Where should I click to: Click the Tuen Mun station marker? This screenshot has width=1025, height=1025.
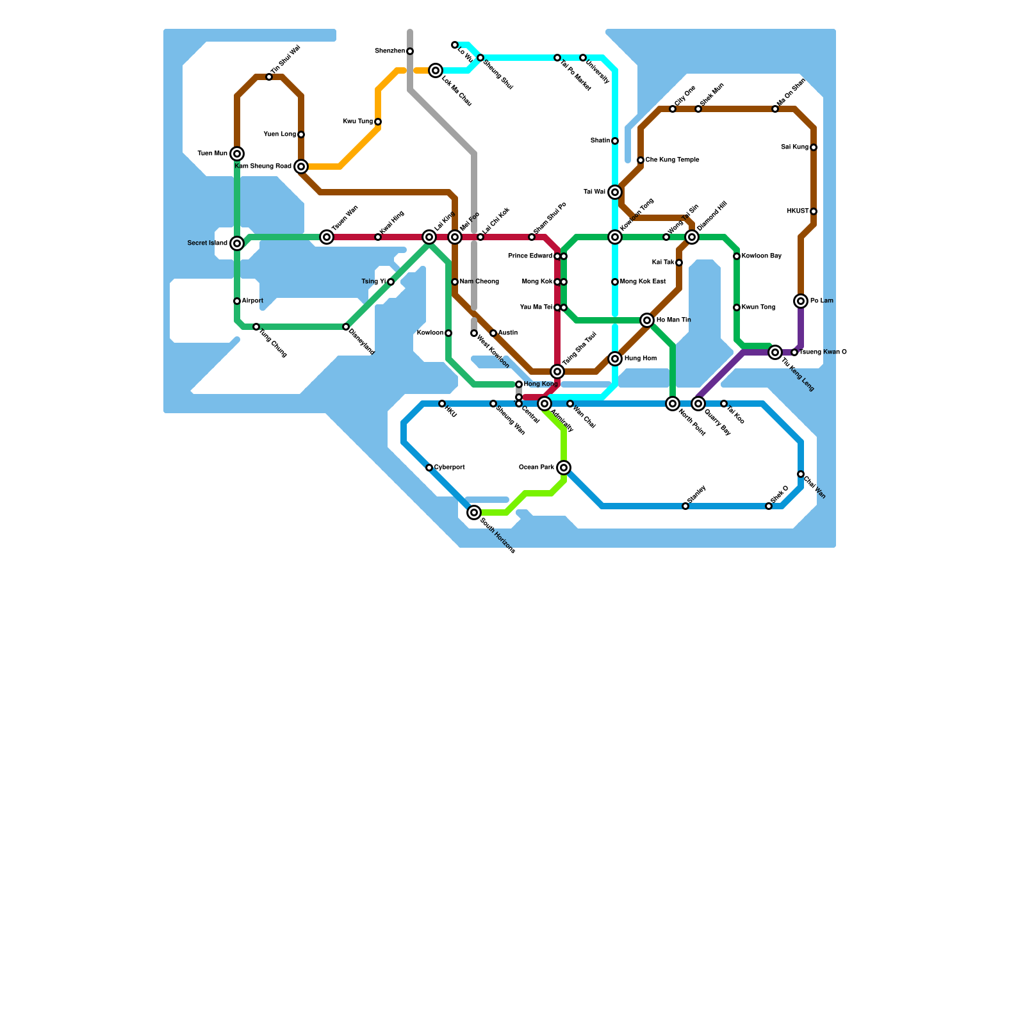237,154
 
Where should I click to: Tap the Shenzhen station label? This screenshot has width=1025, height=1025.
389,51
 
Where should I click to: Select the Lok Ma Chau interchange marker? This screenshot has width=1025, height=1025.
436,70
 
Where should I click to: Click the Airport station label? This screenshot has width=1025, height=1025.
252,301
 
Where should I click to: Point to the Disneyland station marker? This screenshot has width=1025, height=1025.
346,327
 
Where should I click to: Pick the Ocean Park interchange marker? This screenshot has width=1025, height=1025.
564,468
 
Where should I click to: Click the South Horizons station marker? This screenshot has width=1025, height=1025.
474,512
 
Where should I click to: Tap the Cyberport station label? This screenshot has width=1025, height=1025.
449,468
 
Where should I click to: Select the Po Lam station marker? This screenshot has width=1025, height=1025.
801,301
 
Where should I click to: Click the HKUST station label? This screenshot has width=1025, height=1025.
797,211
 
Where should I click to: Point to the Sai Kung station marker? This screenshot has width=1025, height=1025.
814,147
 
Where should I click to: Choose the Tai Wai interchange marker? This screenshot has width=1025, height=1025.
615,192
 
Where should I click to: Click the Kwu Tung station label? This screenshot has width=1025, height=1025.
357,122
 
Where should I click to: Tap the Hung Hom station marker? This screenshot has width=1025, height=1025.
615,359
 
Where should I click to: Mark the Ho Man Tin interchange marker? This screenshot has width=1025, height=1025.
647,320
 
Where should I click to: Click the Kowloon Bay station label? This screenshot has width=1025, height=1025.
762,256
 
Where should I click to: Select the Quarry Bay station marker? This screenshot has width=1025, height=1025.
698,404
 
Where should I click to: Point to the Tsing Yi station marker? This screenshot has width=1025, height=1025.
391,282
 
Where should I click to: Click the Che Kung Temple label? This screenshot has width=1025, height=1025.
672,160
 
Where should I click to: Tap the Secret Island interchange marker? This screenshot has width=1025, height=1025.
237,243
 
